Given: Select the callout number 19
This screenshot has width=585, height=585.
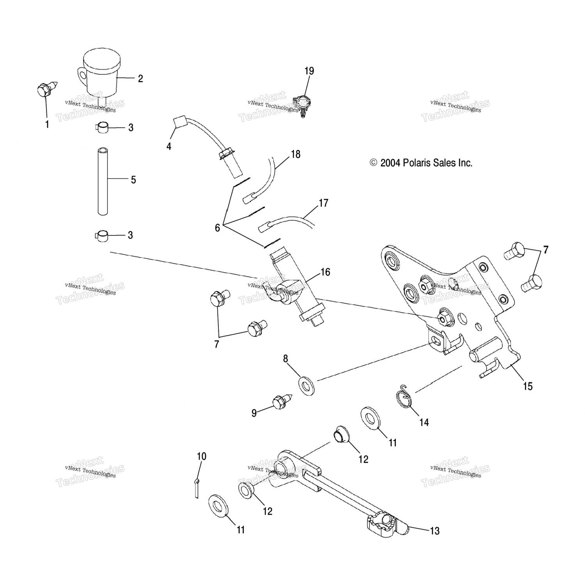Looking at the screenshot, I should pyautogui.click(x=309, y=71).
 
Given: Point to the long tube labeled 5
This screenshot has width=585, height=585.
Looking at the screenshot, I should pyautogui.click(x=103, y=180).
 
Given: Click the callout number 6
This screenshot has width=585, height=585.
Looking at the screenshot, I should pyautogui.click(x=218, y=228).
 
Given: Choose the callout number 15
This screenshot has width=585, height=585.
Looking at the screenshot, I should pyautogui.click(x=527, y=386).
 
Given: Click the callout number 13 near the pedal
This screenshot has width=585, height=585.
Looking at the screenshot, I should pyautogui.click(x=434, y=531).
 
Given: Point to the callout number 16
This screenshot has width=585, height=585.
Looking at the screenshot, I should pyautogui.click(x=325, y=272).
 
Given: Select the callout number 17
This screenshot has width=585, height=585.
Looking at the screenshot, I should pyautogui.click(x=323, y=203).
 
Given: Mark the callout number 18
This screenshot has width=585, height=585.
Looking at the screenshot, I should pyautogui.click(x=296, y=154).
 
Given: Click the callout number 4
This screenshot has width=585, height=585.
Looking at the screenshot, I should pyautogui.click(x=169, y=147).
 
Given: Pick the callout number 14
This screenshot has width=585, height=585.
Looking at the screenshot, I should pyautogui.click(x=424, y=422).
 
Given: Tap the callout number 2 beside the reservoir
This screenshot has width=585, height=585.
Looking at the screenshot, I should pyautogui.click(x=140, y=78).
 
